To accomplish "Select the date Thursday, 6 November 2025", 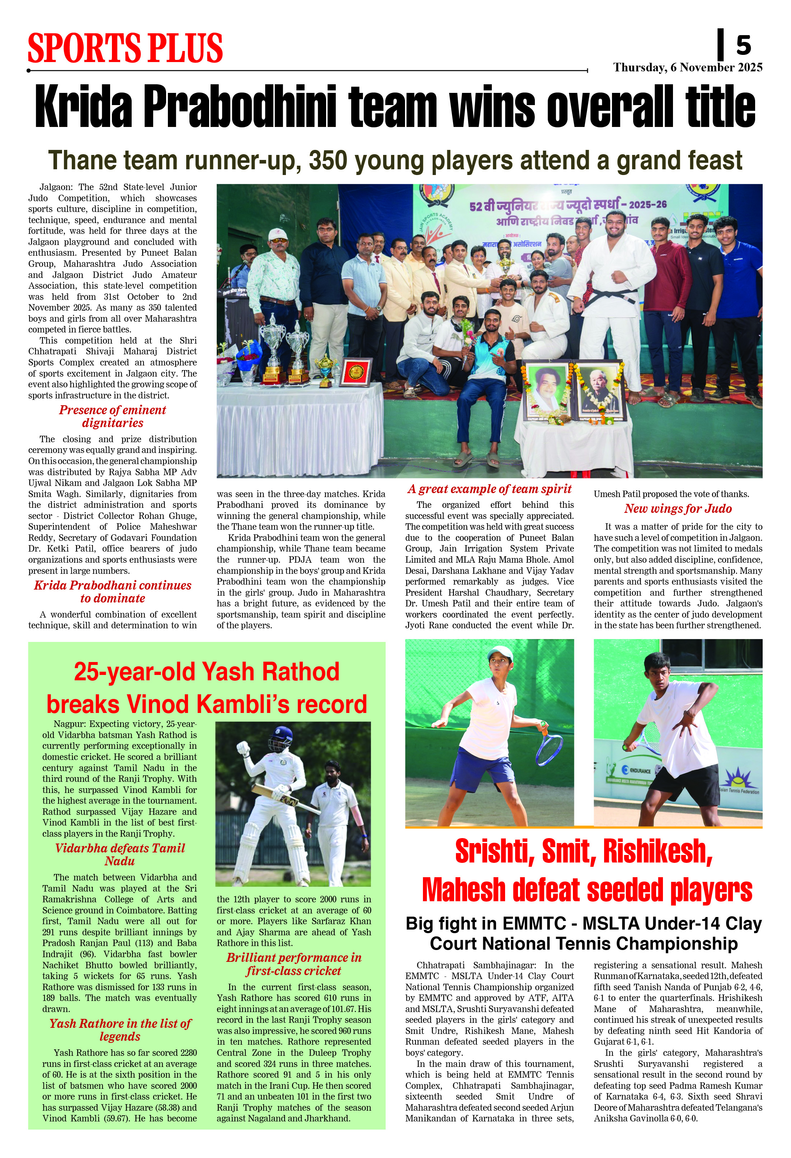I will (x=687, y=67).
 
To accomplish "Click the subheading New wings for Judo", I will (x=678, y=509).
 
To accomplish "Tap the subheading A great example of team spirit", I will (x=489, y=489).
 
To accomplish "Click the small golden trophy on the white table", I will (x=325, y=369).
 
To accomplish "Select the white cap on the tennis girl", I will (x=500, y=652).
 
